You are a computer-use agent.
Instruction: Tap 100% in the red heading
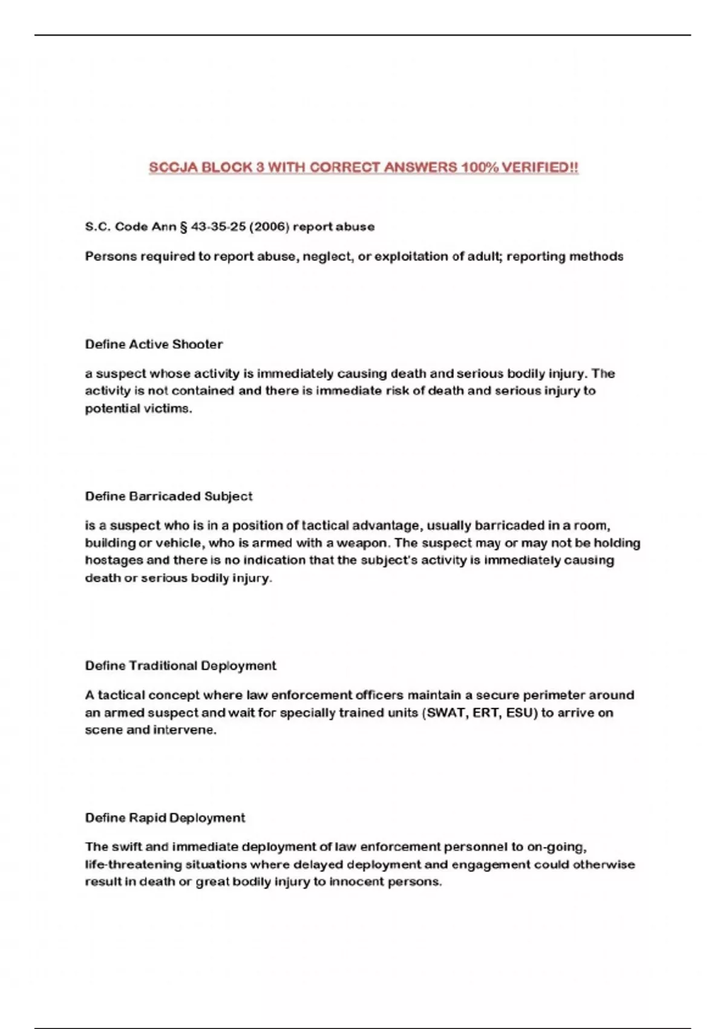[x=479, y=167]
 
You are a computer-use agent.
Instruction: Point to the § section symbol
[x=183, y=227]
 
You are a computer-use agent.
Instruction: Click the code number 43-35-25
[x=218, y=227]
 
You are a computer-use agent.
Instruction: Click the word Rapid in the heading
[x=147, y=818]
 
